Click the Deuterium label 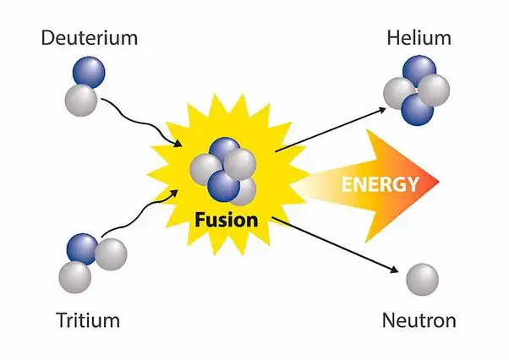90,38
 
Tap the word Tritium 88,320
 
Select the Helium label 419,38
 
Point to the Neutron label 419,320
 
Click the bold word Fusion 227,220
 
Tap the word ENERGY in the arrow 380,184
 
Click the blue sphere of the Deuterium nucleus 89,72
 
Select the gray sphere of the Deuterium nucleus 81,101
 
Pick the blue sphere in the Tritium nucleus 83,249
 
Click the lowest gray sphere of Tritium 75,277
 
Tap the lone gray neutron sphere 422,280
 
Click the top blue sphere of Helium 419,70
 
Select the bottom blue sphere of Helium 418,110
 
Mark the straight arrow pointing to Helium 331,130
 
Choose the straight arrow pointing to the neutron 335,245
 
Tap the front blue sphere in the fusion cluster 224,186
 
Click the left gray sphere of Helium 399,93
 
